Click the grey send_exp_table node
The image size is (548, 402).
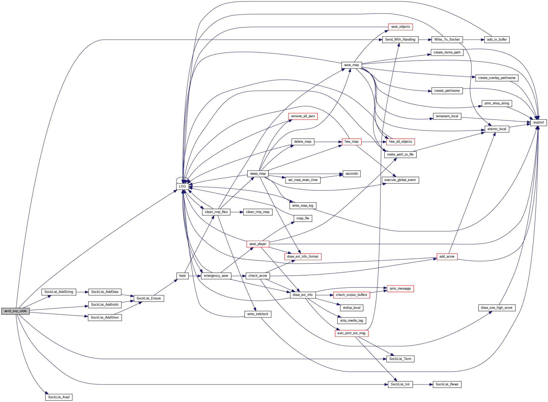(15, 311)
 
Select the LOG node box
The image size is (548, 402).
(182, 187)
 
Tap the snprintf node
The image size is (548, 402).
(538, 122)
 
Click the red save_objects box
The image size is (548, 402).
(400, 27)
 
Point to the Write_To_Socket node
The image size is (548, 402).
(447, 40)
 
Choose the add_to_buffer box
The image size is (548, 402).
(497, 40)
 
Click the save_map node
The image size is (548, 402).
(352, 65)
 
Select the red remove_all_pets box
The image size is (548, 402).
(303, 116)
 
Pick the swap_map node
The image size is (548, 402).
(258, 174)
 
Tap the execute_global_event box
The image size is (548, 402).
(400, 180)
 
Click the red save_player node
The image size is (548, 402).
(258, 244)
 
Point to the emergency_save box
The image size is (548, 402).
(216, 276)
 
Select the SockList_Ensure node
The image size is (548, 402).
(149, 298)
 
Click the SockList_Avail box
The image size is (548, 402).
(59, 397)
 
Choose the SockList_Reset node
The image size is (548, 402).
(447, 384)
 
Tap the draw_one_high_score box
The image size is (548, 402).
(497, 308)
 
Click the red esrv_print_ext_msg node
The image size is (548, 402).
(351, 333)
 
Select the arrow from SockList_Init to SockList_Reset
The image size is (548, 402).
(423, 384)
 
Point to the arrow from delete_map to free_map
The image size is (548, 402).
(328, 142)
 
